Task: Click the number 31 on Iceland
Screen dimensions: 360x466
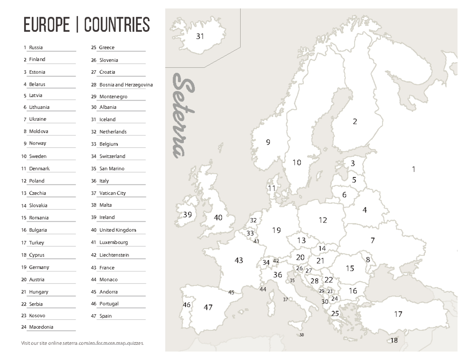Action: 200,37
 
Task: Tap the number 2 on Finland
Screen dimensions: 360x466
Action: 355,122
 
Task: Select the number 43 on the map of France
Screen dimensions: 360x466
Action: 239,260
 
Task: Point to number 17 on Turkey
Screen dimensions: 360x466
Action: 398,314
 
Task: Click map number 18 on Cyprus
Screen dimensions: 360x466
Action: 394,341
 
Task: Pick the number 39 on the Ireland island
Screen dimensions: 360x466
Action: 188,215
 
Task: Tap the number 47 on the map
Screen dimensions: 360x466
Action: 208,308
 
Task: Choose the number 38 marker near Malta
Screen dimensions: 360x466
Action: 302,335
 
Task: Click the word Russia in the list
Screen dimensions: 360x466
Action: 36,47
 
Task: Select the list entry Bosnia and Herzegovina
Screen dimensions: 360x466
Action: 126,85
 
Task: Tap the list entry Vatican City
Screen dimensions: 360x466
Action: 113,193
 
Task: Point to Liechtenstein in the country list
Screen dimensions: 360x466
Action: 114,255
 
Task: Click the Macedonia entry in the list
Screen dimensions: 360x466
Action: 41,327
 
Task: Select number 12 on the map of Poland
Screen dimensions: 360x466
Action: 323,220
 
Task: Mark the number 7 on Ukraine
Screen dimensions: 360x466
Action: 372,240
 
